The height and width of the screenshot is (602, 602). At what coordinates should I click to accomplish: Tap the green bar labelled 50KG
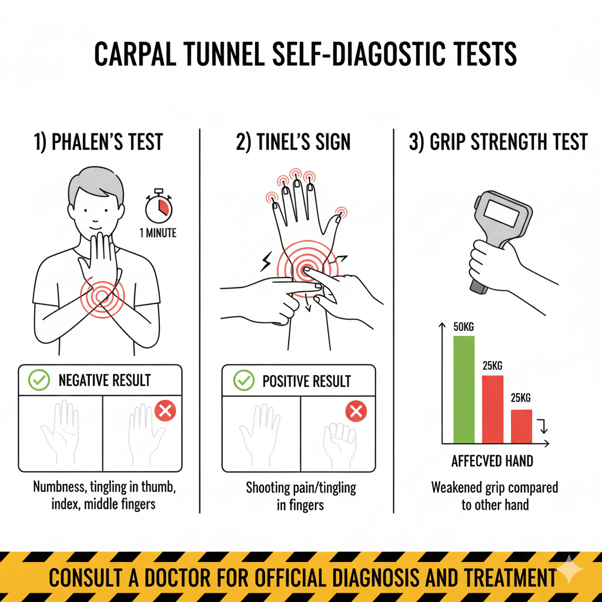pyautogui.click(x=464, y=390)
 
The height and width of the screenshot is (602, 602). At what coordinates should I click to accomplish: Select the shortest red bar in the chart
pyautogui.click(x=521, y=427)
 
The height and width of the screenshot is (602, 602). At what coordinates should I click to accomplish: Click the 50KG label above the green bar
pyautogui.click(x=463, y=327)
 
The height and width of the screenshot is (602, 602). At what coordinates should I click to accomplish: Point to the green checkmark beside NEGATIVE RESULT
pyautogui.click(x=39, y=380)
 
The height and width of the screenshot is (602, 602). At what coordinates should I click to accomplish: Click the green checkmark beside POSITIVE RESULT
pyautogui.click(x=244, y=380)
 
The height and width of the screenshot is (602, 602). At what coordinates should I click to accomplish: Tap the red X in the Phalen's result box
pyautogui.click(x=165, y=411)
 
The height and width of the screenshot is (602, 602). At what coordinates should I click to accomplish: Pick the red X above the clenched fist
pyautogui.click(x=356, y=412)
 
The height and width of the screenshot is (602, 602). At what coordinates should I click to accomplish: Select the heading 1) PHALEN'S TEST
pyautogui.click(x=98, y=142)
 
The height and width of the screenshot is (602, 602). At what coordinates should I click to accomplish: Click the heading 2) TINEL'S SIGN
pyautogui.click(x=293, y=142)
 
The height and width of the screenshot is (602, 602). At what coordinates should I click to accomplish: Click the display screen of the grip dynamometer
pyautogui.click(x=501, y=213)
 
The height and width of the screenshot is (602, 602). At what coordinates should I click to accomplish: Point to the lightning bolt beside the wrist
pyautogui.click(x=266, y=262)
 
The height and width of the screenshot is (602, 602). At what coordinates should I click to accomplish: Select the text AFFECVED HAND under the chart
pyautogui.click(x=492, y=461)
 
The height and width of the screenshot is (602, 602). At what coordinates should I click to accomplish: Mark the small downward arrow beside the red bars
pyautogui.click(x=543, y=426)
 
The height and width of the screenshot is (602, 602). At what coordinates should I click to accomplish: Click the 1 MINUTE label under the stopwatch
pyautogui.click(x=158, y=233)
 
